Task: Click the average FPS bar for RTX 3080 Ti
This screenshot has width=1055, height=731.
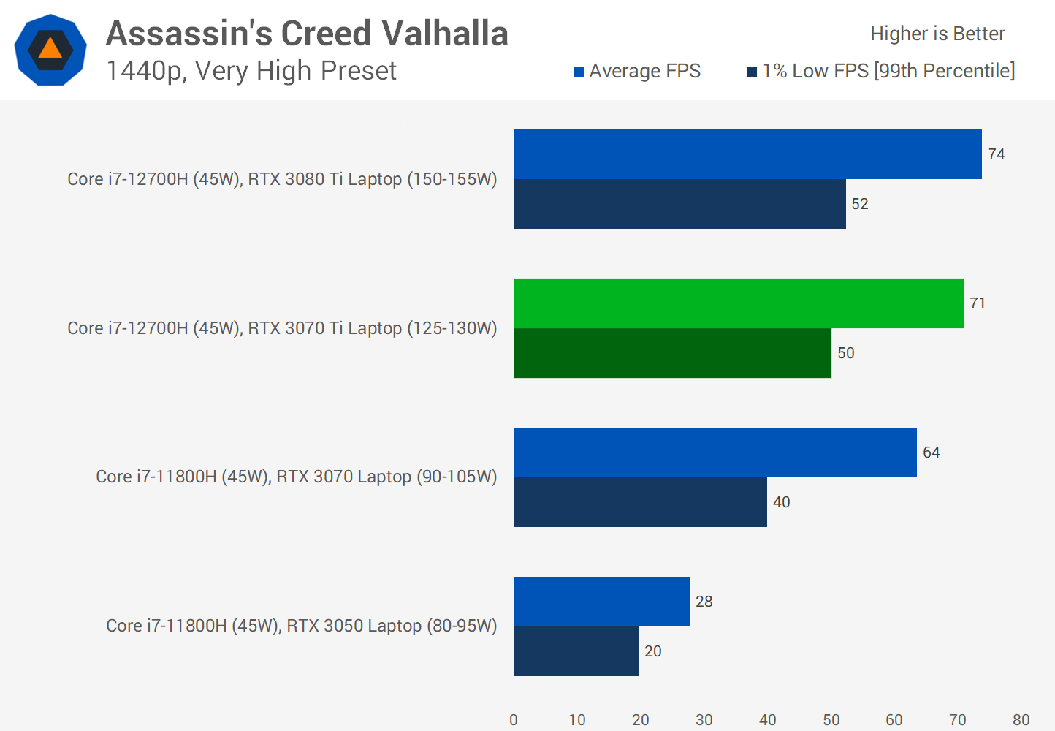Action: click(747, 154)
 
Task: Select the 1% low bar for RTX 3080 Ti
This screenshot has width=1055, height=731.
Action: click(679, 204)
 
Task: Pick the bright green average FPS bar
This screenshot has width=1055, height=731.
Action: click(739, 303)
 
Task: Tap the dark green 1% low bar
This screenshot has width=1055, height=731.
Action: click(672, 353)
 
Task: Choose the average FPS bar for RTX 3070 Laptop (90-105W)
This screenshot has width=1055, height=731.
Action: click(715, 452)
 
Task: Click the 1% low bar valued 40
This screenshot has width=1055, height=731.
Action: click(640, 502)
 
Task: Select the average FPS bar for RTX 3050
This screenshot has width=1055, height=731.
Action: click(601, 602)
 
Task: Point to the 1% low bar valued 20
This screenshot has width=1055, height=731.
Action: click(576, 651)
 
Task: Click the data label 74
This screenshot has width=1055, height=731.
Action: click(996, 154)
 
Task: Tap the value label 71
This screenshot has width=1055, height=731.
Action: click(978, 303)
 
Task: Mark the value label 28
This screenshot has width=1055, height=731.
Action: click(704, 602)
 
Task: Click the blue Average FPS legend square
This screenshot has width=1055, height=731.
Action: click(579, 72)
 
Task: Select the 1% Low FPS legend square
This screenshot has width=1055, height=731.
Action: click(752, 72)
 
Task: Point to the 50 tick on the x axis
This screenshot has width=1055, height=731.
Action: click(831, 720)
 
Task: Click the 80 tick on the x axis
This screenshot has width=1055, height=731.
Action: click(1021, 720)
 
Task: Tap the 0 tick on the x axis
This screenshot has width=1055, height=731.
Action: click(514, 720)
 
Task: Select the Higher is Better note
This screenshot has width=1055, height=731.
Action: click(937, 34)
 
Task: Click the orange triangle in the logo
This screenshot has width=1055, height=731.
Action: click(50, 49)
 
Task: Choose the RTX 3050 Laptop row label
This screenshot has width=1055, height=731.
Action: click(301, 626)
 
